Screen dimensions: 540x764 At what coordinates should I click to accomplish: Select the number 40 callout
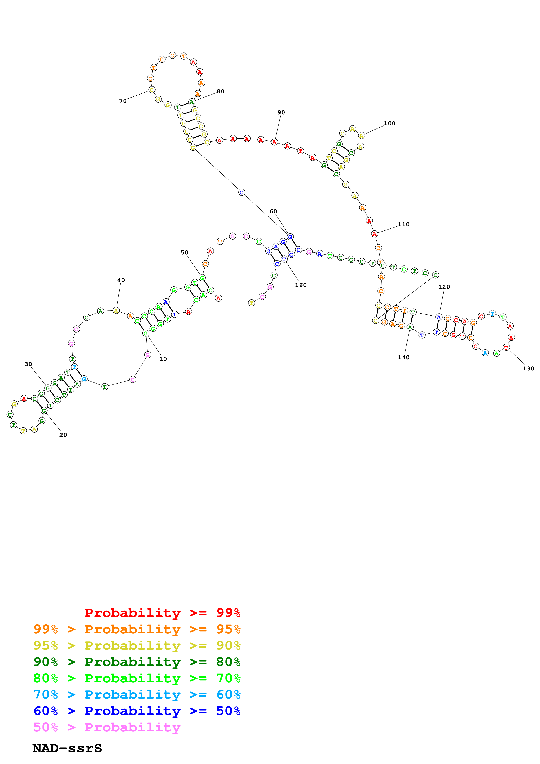(x=121, y=280)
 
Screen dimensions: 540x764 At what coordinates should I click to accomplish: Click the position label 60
(x=273, y=211)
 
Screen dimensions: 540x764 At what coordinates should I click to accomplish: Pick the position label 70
(x=123, y=101)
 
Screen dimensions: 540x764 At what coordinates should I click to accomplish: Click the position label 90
(x=281, y=112)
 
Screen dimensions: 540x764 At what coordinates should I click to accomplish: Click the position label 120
(x=444, y=287)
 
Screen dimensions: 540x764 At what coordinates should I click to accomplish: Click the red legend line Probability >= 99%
(x=162, y=613)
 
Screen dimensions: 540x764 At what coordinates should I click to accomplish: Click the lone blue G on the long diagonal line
(x=242, y=192)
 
